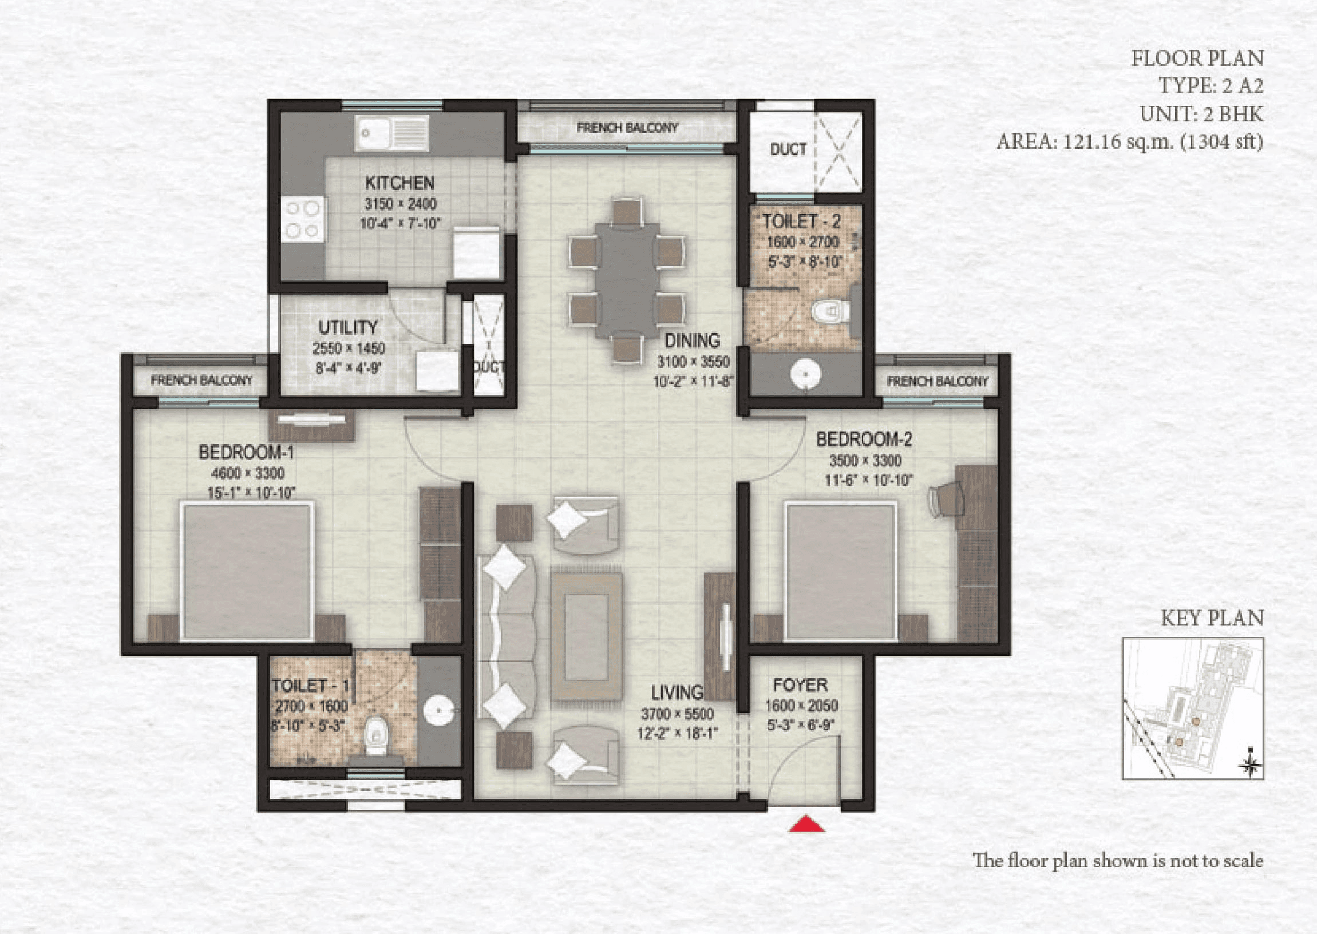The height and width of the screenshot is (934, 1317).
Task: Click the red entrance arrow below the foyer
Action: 806,824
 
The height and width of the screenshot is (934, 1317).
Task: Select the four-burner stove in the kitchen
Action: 303,219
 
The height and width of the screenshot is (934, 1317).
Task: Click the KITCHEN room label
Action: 400,183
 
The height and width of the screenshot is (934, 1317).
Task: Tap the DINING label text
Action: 692,341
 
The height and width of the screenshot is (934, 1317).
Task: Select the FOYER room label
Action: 800,685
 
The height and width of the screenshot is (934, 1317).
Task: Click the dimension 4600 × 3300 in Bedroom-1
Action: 248,473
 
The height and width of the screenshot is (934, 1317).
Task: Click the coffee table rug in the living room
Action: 586,636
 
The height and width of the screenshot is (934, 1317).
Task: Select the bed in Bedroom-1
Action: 247,571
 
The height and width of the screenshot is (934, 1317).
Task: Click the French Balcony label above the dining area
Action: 627,128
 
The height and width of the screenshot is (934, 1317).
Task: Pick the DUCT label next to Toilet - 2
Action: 788,149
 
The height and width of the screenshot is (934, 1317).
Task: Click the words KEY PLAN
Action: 1212,618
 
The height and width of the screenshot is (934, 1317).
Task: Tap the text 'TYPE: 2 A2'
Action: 1210,86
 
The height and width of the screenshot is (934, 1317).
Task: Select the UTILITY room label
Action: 348,327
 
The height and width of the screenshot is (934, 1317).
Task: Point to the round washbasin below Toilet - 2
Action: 805,374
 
